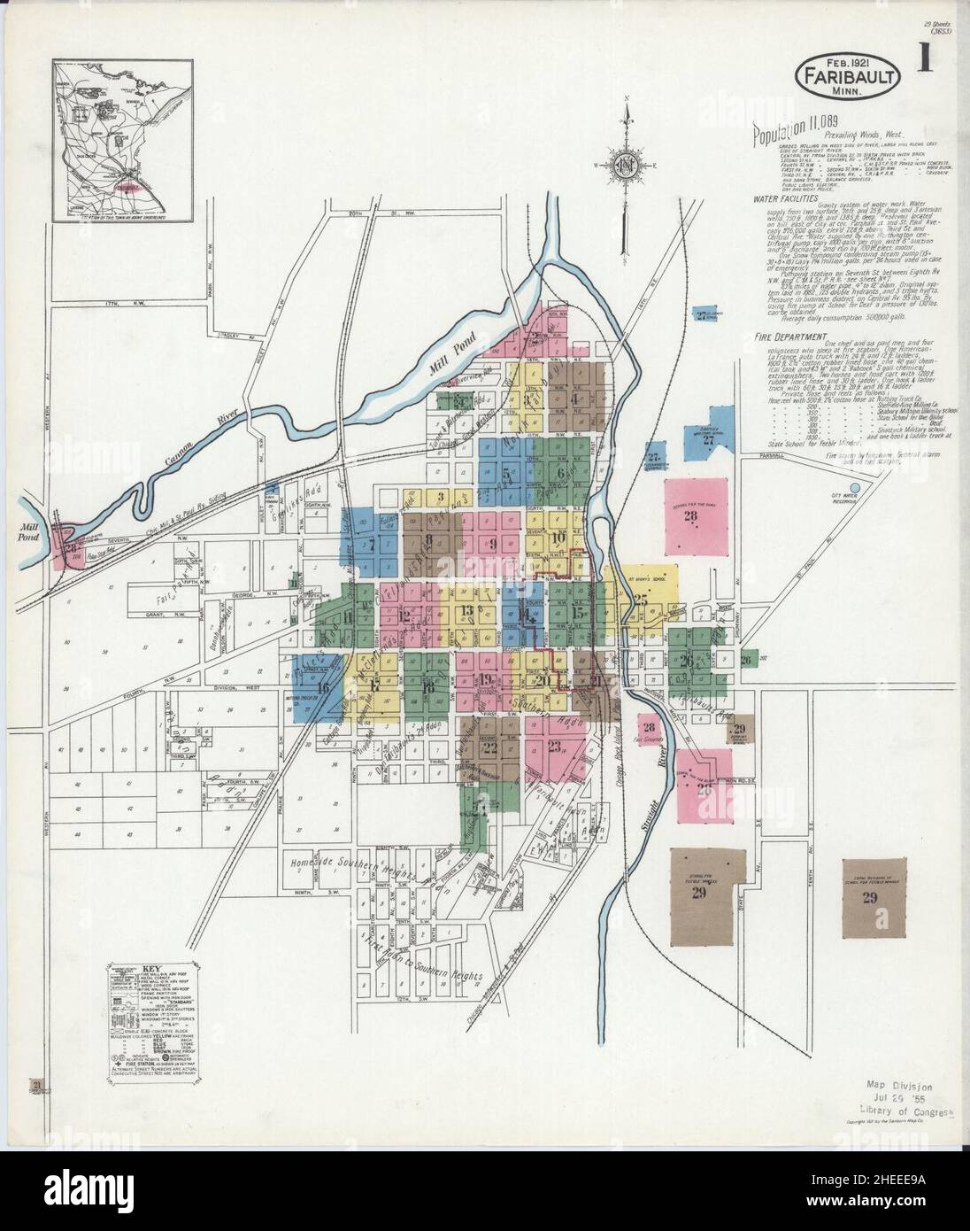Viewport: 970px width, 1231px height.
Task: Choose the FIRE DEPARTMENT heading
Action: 791,337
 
